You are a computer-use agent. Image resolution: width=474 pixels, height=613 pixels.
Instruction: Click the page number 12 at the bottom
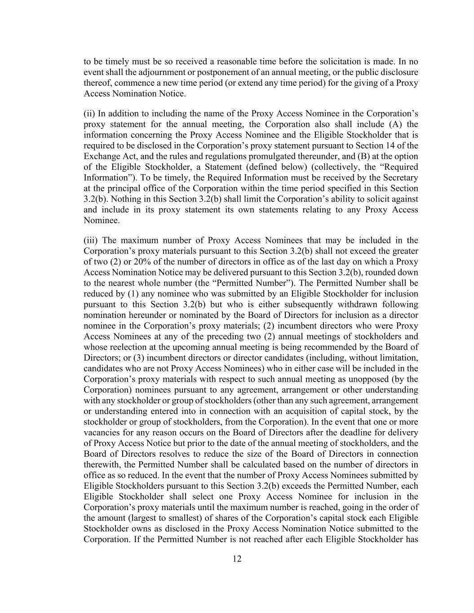click(237, 559)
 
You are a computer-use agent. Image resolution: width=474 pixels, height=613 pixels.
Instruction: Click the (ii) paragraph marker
click(89, 114)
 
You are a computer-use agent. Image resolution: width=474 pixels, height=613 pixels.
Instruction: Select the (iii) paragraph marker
click(91, 240)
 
